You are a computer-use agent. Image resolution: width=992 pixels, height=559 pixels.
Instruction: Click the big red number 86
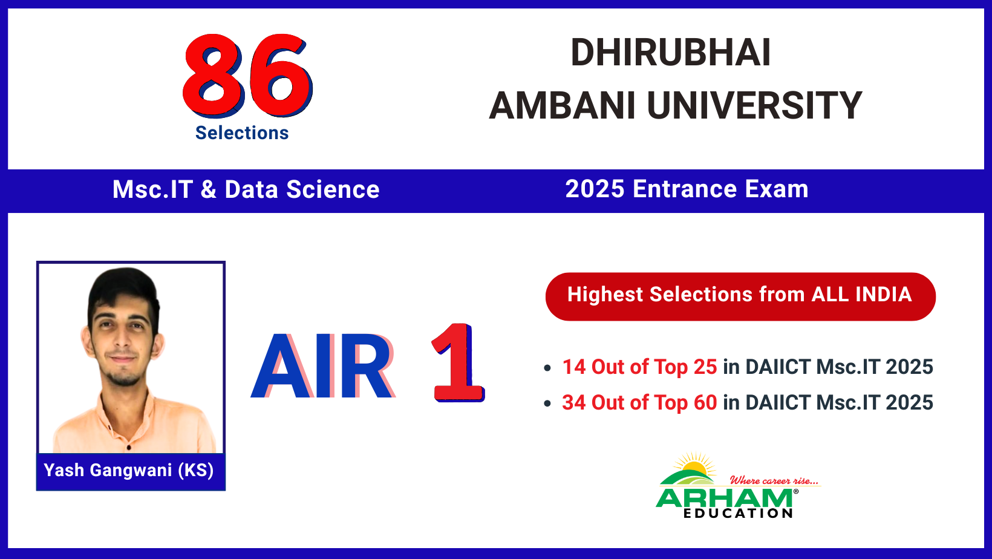(247, 76)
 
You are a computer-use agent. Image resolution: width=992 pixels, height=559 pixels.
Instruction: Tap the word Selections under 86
(242, 133)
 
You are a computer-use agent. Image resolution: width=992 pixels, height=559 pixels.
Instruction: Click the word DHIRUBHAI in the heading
(670, 53)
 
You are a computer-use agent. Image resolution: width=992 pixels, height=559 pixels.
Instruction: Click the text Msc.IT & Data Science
(246, 189)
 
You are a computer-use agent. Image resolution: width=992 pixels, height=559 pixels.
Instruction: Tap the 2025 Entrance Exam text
(687, 189)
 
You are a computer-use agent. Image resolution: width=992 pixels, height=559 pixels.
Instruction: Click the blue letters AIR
(323, 366)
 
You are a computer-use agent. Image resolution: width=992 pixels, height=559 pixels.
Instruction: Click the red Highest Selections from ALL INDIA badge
(740, 296)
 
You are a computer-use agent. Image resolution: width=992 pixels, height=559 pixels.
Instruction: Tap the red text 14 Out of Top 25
(639, 367)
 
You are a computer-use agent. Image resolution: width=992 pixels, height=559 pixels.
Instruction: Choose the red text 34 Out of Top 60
(639, 403)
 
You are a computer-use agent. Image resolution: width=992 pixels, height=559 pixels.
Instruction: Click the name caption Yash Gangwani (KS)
(129, 471)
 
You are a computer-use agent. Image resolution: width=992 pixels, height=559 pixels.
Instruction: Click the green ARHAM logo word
(724, 499)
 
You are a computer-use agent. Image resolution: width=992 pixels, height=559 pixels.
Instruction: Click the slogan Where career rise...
(774, 480)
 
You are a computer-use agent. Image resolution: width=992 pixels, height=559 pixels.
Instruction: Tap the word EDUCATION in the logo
(738, 514)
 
